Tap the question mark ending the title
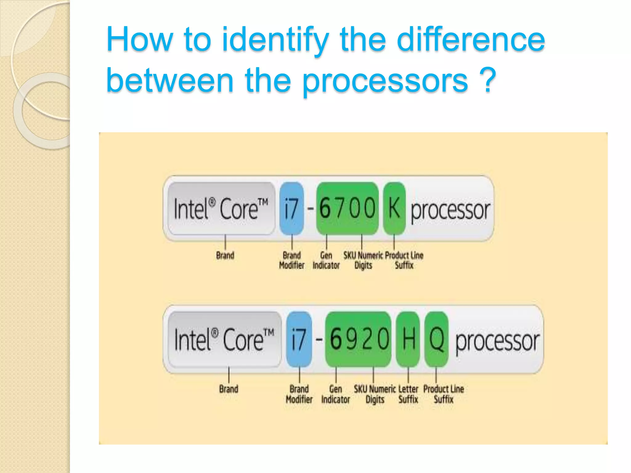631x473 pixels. tap(487, 81)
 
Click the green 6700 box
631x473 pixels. tap(347, 208)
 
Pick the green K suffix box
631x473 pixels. tap(394, 208)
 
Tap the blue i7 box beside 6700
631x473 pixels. tap(291, 208)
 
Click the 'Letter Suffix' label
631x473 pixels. tap(408, 394)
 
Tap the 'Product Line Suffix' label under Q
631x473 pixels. tap(443, 394)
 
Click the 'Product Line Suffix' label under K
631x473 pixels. tap(404, 260)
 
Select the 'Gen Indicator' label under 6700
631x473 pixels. tap(326, 260)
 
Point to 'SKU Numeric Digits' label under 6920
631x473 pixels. tap(375, 394)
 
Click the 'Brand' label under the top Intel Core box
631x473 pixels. tap(225, 256)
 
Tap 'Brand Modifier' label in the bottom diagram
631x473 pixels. tap(299, 394)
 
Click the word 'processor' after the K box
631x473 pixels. tap(450, 211)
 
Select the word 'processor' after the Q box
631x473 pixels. tap(497, 341)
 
